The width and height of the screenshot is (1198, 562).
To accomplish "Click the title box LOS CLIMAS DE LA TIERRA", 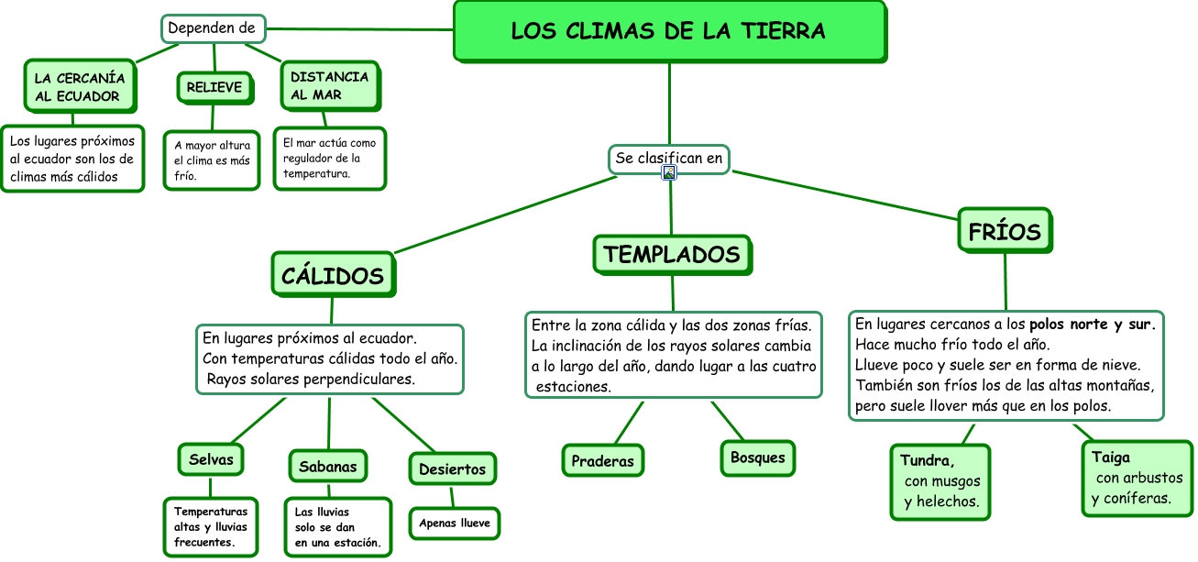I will point(669,31).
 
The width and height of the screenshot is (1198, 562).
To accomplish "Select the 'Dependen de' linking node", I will point(213,28).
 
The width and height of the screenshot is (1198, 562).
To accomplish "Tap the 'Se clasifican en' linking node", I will point(669,158).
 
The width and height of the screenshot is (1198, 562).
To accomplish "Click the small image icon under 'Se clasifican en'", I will point(669,172).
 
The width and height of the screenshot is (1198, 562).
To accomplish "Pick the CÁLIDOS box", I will point(333,275).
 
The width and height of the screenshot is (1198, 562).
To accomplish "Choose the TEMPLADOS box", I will point(672,254).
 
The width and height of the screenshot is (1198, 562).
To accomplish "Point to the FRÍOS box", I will point(1005,231).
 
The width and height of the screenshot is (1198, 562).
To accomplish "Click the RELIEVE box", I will point(214,87).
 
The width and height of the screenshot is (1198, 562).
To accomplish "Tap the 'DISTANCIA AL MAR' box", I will point(329,86).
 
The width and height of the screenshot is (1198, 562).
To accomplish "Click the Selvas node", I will point(211,459).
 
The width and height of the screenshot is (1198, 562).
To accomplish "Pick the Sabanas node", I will point(328,467).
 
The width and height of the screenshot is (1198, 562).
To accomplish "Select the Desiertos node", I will point(452,469).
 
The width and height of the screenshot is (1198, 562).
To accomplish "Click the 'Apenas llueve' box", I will point(455,523).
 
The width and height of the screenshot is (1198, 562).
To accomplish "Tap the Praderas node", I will point(602,461).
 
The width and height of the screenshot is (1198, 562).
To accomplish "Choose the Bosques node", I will point(758,457).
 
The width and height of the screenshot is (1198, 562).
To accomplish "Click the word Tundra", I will point(928,460).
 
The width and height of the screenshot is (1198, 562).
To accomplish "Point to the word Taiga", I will point(1110,457).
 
